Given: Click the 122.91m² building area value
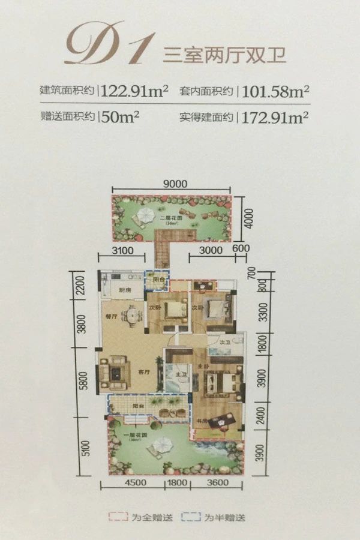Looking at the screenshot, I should click(x=135, y=91).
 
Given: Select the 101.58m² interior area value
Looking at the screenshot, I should click(x=274, y=91).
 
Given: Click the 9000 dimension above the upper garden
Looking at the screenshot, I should click(x=175, y=184).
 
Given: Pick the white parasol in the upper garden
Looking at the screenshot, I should click(x=145, y=215).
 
